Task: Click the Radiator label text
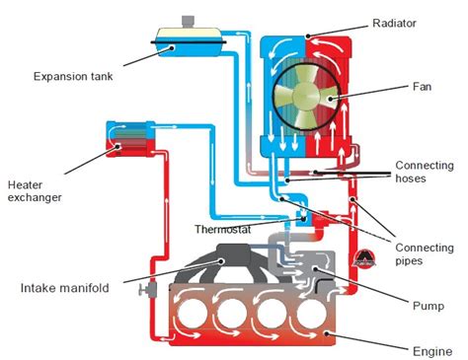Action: pyautogui.click(x=394, y=23)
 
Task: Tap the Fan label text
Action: pyautogui.click(x=422, y=87)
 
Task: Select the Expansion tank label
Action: pyautogui.click(x=73, y=77)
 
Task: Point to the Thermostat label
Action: pyautogui.click(x=222, y=229)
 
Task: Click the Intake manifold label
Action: pyautogui.click(x=64, y=288)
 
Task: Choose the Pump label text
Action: pyautogui.click(x=429, y=306)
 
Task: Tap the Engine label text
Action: pyautogui.click(x=432, y=351)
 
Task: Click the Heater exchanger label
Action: pyautogui.click(x=35, y=191)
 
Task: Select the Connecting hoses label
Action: pyautogui.click(x=425, y=172)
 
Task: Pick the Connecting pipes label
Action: pyautogui.click(x=425, y=254)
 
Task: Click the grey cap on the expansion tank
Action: pyautogui.click(x=189, y=22)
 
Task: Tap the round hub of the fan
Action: pyautogui.click(x=306, y=96)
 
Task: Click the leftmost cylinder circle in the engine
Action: pyautogui.click(x=192, y=314)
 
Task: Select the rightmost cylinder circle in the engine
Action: pyautogui.click(x=311, y=314)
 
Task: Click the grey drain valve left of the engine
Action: pyautogui.click(x=148, y=290)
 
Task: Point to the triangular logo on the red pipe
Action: pyautogui.click(x=363, y=258)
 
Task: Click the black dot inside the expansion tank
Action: pyautogui.click(x=172, y=48)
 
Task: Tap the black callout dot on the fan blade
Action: pyautogui.click(x=330, y=99)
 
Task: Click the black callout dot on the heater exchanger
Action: pyautogui.click(x=118, y=147)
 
